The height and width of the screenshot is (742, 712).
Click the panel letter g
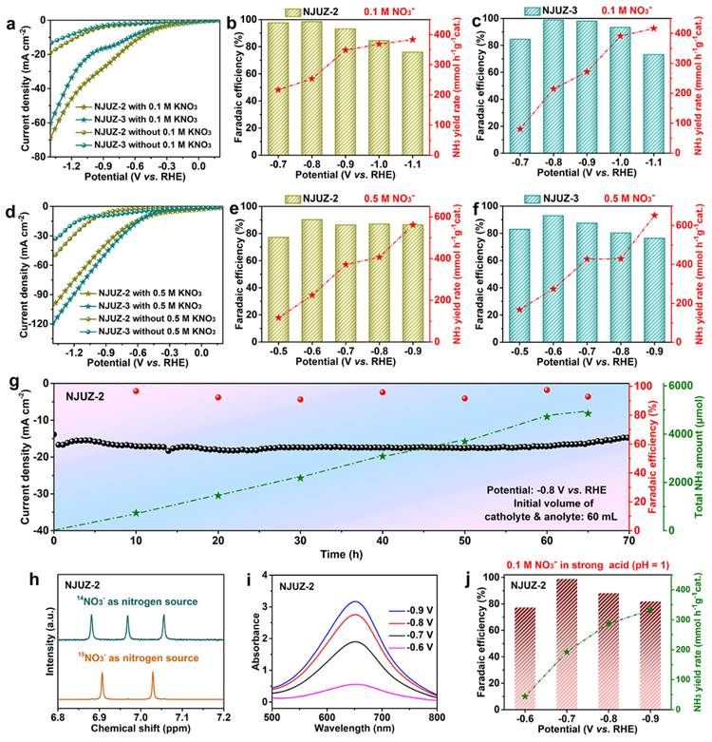[12, 385]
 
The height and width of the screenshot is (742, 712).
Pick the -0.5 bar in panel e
[277, 289]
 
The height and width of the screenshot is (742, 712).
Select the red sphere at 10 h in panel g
[136, 390]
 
